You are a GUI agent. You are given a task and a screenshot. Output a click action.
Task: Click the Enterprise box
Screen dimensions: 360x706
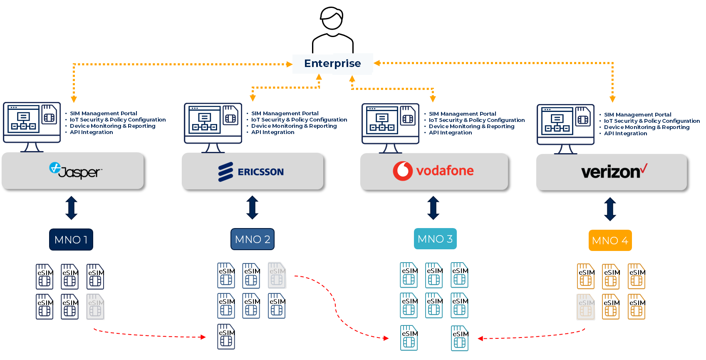coord(332,64)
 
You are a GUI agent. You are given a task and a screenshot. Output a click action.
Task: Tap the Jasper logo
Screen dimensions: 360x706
coord(75,171)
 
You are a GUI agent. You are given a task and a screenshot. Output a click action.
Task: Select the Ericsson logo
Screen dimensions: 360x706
coord(251,172)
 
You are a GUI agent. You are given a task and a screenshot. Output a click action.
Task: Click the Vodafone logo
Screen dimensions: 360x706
coord(433,171)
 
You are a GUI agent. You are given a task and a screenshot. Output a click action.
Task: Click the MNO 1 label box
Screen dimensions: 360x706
coord(71,240)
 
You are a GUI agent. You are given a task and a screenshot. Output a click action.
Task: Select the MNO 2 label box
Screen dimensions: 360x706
coord(253,239)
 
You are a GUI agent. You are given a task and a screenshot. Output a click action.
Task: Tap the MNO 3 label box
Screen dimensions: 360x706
coord(435,239)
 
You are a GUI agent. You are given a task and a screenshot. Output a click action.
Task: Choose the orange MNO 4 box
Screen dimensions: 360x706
coord(610,241)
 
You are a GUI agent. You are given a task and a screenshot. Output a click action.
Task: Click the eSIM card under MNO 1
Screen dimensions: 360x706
coord(95,307)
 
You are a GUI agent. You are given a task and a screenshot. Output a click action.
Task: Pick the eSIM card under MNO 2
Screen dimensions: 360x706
coord(277,275)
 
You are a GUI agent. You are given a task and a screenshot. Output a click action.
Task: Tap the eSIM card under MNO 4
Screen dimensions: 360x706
coord(585,307)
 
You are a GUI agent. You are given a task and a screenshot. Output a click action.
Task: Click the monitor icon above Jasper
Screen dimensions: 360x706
coord(32,125)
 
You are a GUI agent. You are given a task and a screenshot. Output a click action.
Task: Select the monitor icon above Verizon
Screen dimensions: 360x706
coord(565,127)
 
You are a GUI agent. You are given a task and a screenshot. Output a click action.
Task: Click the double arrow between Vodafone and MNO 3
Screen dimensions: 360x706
coord(433,208)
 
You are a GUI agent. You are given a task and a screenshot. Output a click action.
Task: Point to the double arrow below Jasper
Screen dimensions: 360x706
coord(71,208)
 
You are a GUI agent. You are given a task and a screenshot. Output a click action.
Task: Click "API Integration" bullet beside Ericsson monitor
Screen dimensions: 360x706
coord(272,132)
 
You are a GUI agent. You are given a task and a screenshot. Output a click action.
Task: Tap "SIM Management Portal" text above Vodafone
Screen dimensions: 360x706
coord(462,114)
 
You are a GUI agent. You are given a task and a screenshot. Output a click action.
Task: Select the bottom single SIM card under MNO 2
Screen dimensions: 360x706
coord(226,337)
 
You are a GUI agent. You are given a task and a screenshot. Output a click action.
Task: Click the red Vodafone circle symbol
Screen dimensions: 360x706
coord(402,171)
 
